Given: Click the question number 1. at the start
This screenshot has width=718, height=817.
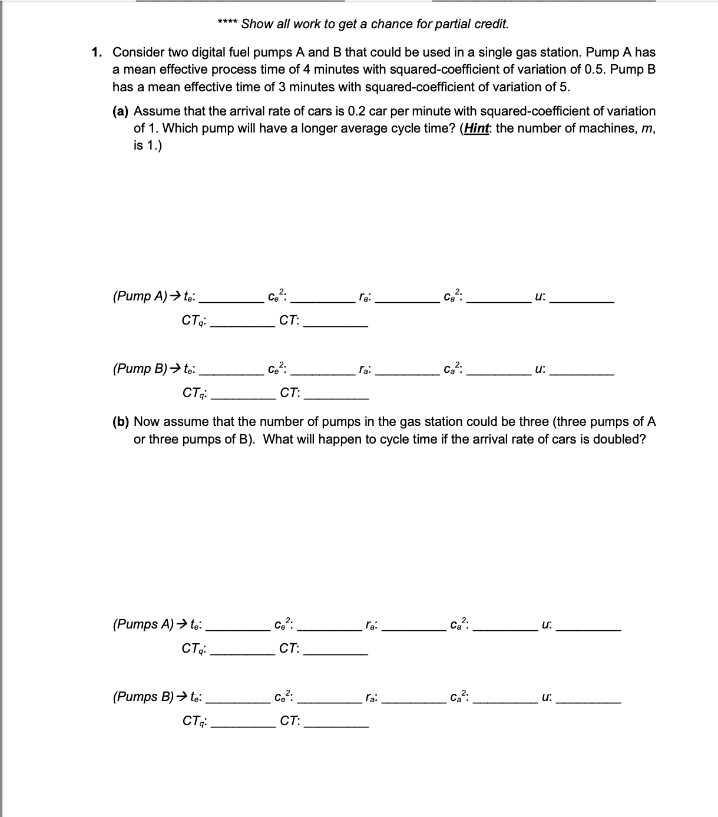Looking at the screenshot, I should (98, 52).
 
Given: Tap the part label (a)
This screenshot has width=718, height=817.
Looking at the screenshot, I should (121, 111).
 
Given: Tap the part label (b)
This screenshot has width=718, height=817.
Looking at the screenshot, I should (121, 422).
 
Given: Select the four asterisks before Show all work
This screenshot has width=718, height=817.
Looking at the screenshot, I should (227, 24).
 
